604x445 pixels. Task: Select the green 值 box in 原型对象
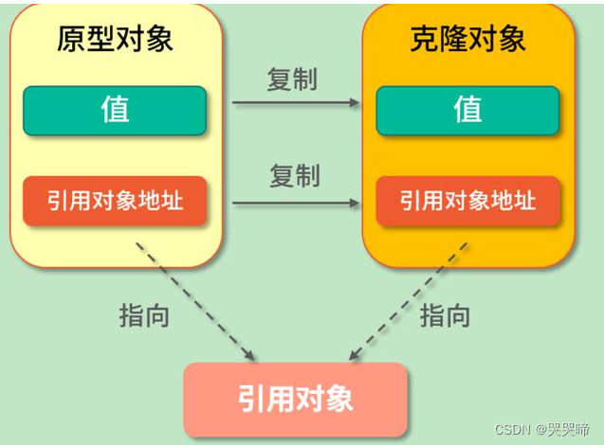(x=115, y=110)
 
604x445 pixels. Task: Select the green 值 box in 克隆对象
(x=468, y=110)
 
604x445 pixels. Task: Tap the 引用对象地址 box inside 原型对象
(x=115, y=200)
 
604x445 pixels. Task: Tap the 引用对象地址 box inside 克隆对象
(x=468, y=201)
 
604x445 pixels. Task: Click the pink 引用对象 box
(x=296, y=398)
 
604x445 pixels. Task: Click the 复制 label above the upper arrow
(x=292, y=80)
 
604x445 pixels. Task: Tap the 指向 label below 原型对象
(x=144, y=314)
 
